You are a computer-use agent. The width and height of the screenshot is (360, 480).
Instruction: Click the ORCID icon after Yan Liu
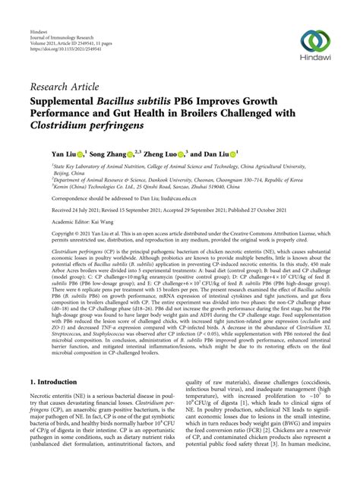point(81,153)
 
